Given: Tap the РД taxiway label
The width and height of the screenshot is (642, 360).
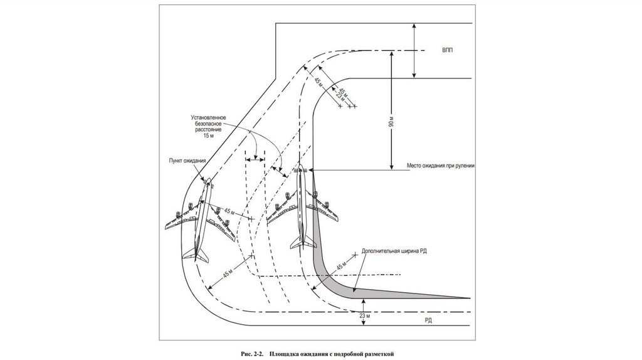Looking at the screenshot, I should click(428, 320).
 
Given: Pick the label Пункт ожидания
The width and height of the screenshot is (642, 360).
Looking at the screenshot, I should click(187, 161).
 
